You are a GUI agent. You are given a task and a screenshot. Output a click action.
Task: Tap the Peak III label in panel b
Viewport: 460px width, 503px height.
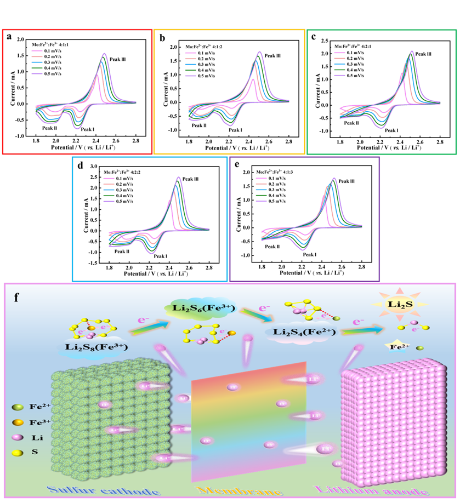(272, 56)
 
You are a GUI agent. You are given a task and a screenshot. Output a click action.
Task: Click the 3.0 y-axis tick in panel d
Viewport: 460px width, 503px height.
(93, 167)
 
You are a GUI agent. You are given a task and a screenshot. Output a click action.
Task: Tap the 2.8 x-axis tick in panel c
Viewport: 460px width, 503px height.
(439, 142)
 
